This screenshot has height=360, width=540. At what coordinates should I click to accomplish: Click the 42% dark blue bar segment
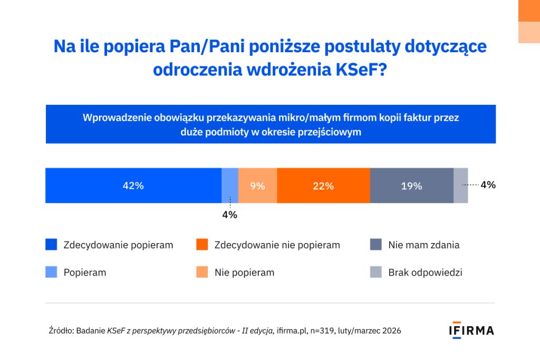133,186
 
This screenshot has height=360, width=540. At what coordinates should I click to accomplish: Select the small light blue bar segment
230,186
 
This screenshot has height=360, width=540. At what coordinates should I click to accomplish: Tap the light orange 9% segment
257,186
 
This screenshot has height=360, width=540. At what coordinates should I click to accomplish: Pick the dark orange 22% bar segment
323,186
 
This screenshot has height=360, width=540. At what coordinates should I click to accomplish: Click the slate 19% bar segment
411,186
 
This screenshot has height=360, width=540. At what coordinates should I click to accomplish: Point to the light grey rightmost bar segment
460,186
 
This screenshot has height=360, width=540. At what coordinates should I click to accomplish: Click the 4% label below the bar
229,215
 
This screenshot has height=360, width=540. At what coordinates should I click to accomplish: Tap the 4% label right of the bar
488,185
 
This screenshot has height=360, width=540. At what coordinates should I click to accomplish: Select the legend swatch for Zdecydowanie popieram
51,245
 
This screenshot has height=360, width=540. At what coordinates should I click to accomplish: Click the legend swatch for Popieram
51,273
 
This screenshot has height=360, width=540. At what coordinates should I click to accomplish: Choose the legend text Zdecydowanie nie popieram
277,245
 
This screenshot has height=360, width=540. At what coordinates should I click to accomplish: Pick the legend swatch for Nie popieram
202,273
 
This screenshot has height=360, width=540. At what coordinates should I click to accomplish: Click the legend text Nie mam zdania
423,245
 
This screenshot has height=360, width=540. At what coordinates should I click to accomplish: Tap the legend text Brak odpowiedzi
425,273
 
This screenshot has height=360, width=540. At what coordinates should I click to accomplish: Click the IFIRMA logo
471,330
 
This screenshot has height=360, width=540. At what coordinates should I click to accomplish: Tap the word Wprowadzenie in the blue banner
116,118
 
